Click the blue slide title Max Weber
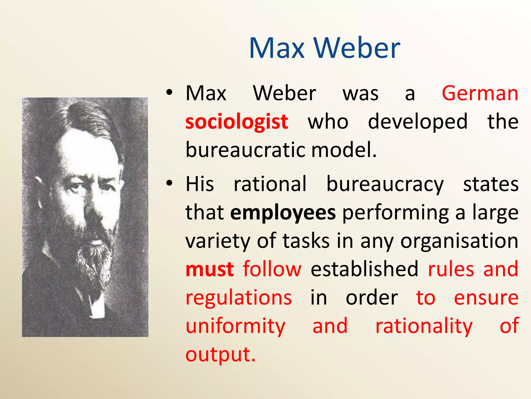tap(324, 48)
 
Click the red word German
tap(480, 93)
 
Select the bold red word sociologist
tap(236, 122)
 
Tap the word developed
tap(418, 122)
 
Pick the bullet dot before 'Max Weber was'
tap(169, 93)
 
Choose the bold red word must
tap(210, 269)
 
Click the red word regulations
tap(239, 298)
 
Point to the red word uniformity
tap(235, 326)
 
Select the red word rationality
tap(424, 326)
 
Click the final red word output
tap(220, 354)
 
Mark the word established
tap(364, 269)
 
